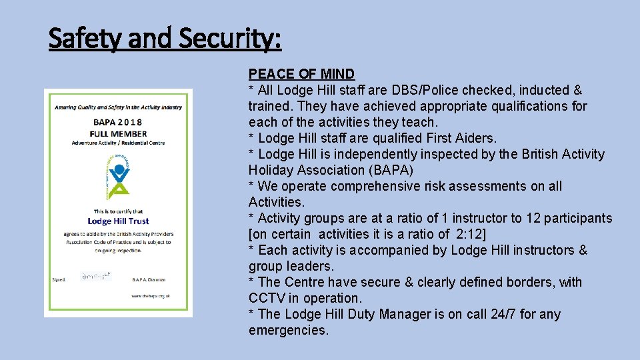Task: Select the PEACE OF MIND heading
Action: pos(301,74)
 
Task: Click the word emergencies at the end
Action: pos(288,330)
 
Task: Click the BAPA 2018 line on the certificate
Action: pos(117,122)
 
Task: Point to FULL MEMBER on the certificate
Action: pos(117,133)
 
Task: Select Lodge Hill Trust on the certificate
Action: pos(118,221)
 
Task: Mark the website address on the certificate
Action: pos(150,295)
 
